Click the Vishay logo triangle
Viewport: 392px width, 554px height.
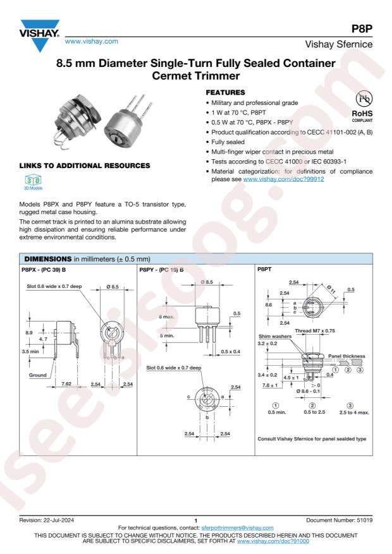coord(40,35)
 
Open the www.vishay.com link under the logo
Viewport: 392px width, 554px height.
coord(91,41)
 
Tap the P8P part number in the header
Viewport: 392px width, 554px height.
coord(362,28)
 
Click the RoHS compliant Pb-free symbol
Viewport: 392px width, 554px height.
coord(364,99)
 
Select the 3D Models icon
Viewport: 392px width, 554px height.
coord(34,181)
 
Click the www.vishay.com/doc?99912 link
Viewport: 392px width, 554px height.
coord(283,179)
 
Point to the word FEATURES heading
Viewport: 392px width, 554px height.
coord(225,93)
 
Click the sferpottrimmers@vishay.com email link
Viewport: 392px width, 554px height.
coord(238,528)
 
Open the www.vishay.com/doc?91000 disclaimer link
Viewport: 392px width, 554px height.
coord(273,541)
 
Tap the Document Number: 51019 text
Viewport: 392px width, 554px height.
coord(340,520)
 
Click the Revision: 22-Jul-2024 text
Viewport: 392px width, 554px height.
coord(47,520)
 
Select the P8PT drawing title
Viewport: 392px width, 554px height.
coord(264,269)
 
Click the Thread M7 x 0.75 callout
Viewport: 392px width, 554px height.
coord(315,331)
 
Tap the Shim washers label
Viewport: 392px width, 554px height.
coord(275,336)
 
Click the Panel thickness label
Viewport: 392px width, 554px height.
coord(346,356)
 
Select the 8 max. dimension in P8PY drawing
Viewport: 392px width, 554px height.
coord(166,316)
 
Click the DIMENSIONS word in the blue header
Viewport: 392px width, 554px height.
coord(47,259)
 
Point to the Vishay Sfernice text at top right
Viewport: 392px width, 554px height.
coord(339,44)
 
